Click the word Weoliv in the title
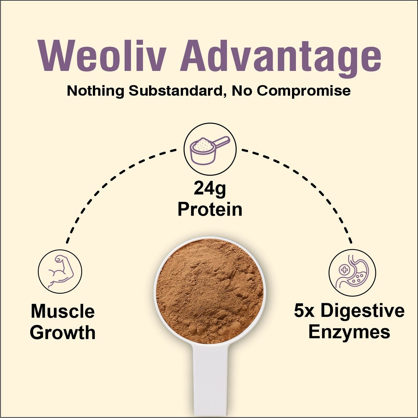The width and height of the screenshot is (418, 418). (x=103, y=56)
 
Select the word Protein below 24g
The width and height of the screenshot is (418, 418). (x=210, y=209)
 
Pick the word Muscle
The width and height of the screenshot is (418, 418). (x=63, y=311)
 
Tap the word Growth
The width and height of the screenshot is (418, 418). (x=63, y=332)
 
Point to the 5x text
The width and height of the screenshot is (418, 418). (x=304, y=311)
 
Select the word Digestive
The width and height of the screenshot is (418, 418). (x=363, y=311)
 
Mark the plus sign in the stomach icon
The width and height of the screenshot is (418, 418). (x=345, y=269)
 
